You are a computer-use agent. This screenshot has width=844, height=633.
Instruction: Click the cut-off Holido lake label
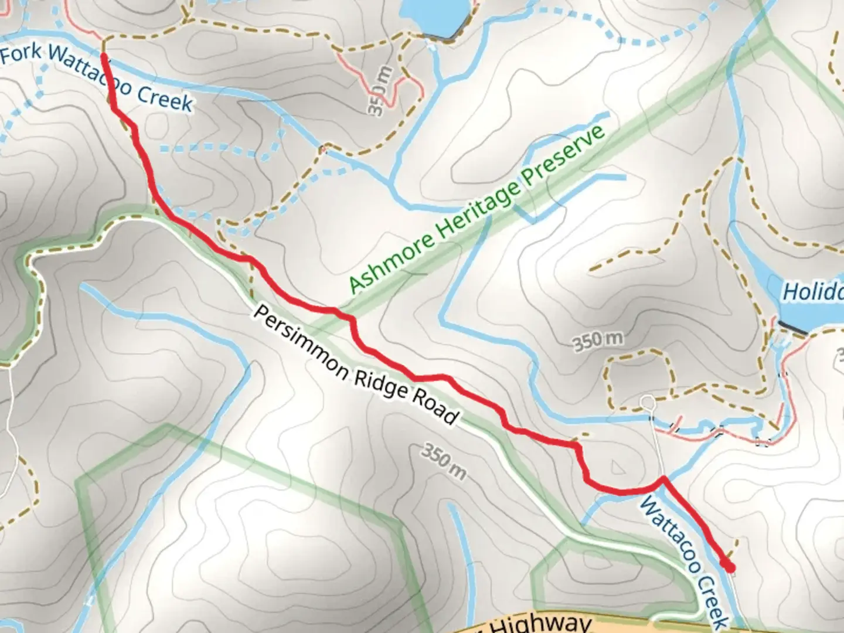(x=813, y=291)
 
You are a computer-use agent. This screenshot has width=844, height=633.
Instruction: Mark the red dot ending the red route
(x=730, y=567)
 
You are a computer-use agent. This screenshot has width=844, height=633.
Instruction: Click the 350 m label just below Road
(x=444, y=461)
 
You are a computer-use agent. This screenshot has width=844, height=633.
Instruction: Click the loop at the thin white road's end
(x=647, y=402)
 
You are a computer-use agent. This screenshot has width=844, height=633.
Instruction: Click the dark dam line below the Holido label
(x=793, y=328)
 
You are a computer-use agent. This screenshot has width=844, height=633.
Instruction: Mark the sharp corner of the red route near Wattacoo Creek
(x=663, y=479)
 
